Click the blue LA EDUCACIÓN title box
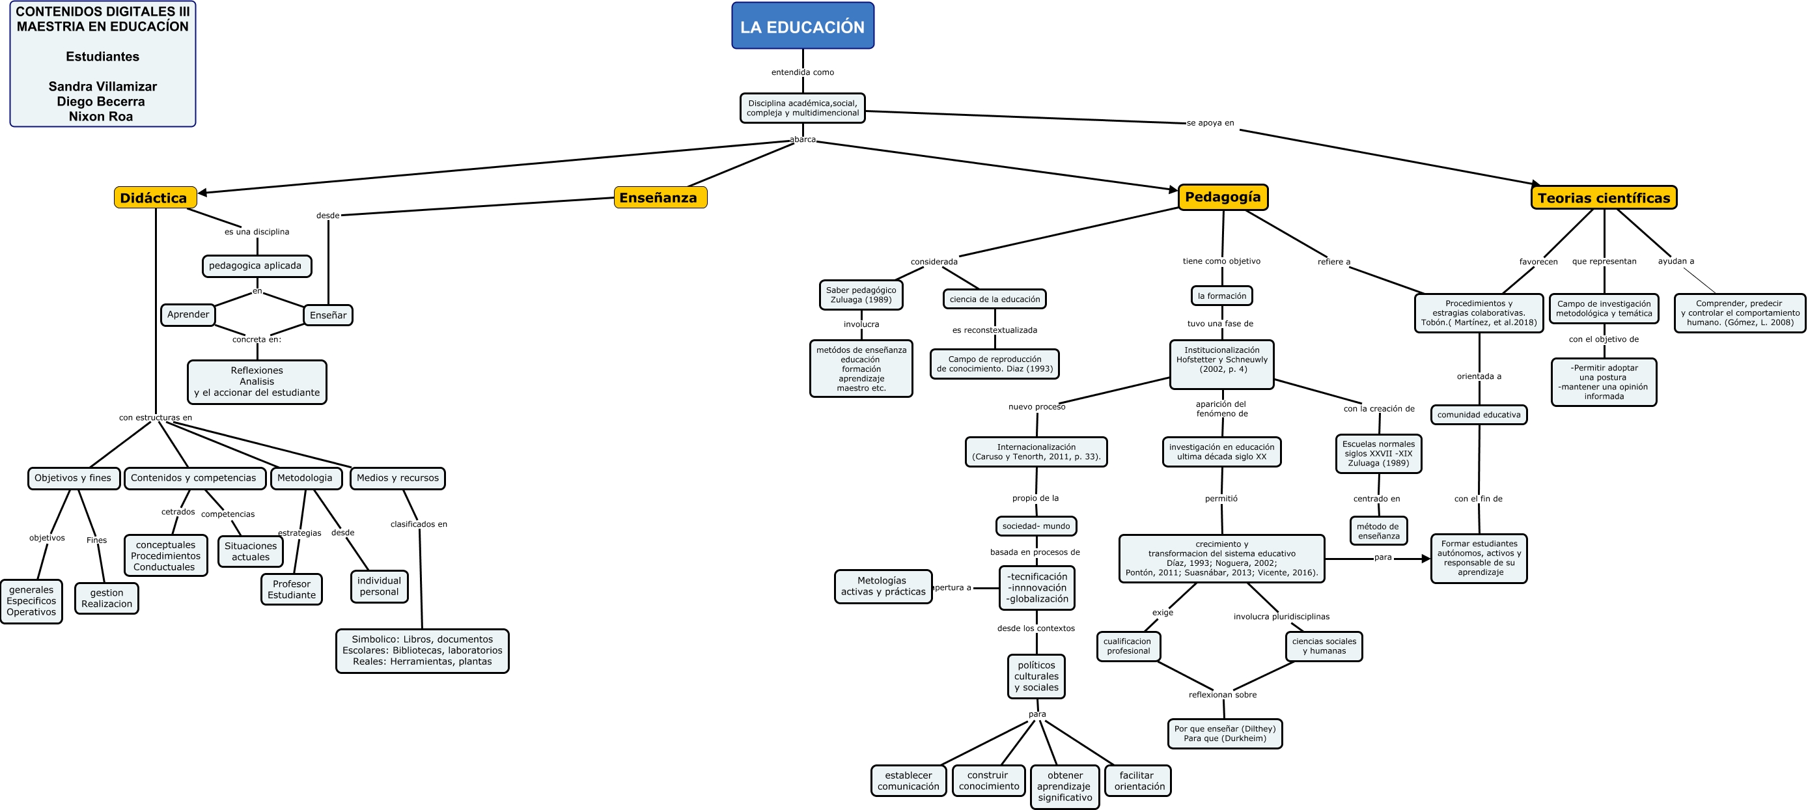click(802, 27)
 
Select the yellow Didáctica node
click(154, 197)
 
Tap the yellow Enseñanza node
click(659, 197)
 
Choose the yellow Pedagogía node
click(1222, 197)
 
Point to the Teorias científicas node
click(1603, 197)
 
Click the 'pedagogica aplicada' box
click(255, 265)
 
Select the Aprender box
click(188, 314)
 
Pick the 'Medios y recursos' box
click(397, 478)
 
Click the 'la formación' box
click(1221, 296)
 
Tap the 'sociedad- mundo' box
click(1035, 525)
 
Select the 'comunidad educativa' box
click(1478, 414)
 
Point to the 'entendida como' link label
click(802, 72)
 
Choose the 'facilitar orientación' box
click(1137, 780)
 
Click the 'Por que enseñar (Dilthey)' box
click(1224, 733)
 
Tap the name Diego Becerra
click(101, 101)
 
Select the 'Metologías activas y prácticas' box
click(882, 586)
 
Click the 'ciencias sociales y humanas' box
click(1323, 646)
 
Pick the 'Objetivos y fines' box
click(73, 478)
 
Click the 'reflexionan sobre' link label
click(1222, 694)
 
